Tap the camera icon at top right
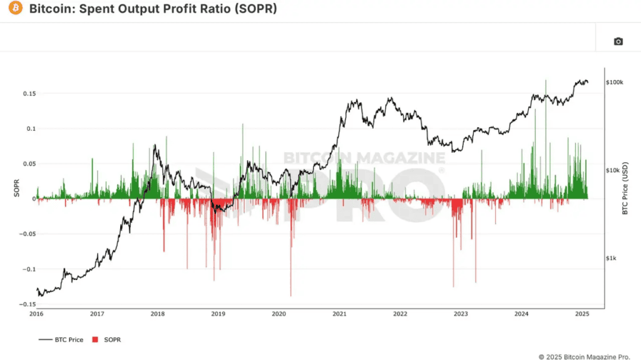click(x=618, y=41)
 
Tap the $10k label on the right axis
click(x=613, y=170)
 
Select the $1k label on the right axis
click(x=612, y=258)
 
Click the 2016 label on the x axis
click(x=36, y=314)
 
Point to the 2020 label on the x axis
click(x=279, y=314)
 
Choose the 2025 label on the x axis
click(x=582, y=314)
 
